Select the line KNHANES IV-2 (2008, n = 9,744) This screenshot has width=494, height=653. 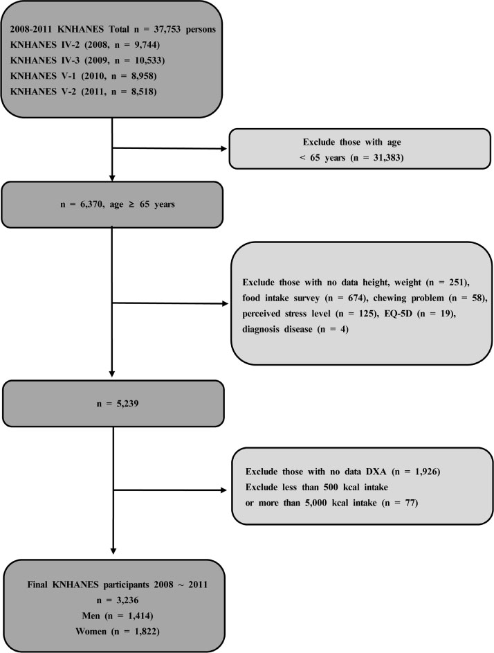click(x=85, y=45)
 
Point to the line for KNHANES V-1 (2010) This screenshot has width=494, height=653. click(x=83, y=75)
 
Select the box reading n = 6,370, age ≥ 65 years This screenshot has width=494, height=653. click(x=112, y=204)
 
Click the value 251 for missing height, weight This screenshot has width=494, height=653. click(x=456, y=283)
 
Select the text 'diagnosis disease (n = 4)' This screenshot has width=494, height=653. click(x=295, y=330)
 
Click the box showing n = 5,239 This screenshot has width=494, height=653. click(x=113, y=404)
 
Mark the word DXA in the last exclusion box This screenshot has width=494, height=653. click(x=376, y=472)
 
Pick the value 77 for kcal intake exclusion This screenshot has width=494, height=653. click(x=409, y=503)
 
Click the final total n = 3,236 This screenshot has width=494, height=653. click(x=118, y=600)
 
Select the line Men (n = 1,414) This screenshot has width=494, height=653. click(x=118, y=616)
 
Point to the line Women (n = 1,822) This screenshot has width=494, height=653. click(x=118, y=632)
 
